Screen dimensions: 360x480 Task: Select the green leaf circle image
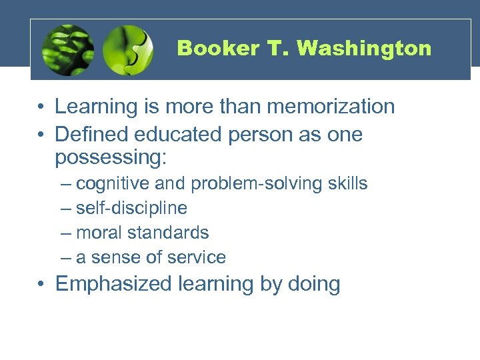click(67, 50)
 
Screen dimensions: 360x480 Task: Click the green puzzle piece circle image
click(129, 50)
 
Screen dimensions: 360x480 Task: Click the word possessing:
click(113, 158)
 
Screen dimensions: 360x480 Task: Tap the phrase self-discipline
click(131, 209)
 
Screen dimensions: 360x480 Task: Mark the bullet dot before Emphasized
click(41, 285)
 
